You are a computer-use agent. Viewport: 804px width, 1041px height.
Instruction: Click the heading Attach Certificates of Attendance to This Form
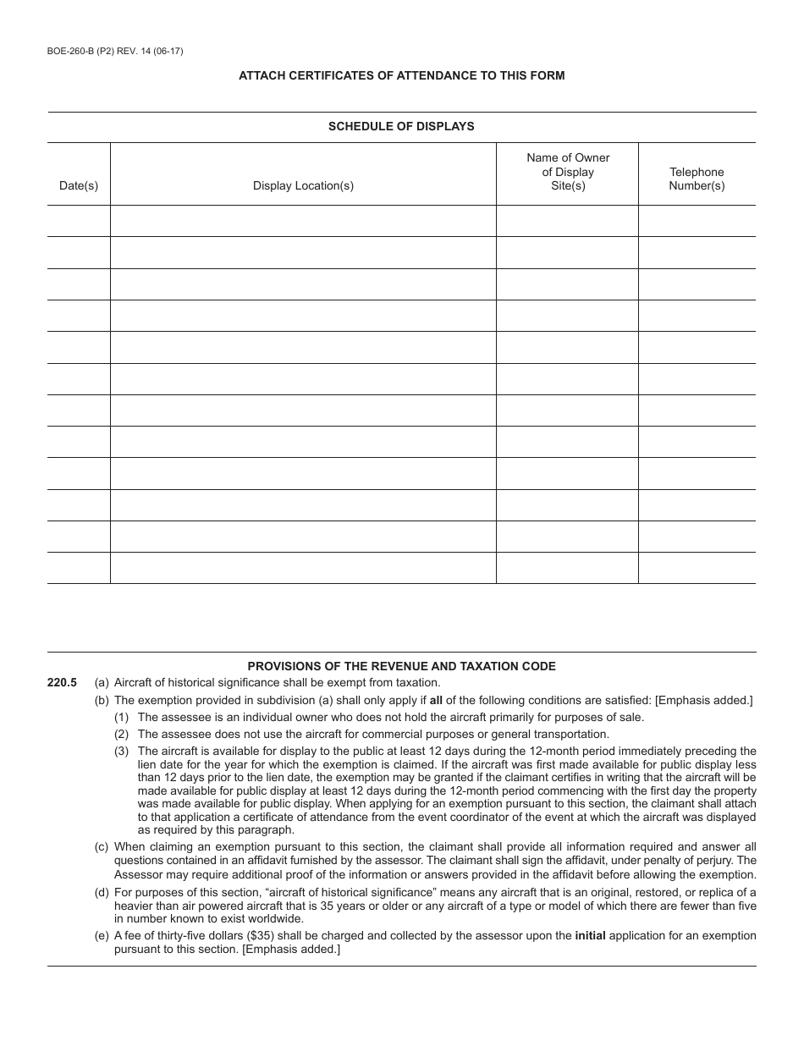401,75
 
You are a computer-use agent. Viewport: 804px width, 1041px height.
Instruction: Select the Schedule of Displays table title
401,126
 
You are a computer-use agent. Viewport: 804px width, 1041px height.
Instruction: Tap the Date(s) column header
79,185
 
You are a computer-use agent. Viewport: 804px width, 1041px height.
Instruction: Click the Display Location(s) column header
303,185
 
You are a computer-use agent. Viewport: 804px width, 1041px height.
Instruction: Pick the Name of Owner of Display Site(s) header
567,172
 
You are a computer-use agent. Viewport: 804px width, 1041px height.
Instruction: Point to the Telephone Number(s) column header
697,179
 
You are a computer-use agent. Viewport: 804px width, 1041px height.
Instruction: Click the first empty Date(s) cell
79,221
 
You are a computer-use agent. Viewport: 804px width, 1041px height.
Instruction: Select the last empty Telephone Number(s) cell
697,568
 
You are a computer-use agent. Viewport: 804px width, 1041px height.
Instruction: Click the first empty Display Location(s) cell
303,221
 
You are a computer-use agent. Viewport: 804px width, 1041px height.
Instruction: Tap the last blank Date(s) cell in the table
79,568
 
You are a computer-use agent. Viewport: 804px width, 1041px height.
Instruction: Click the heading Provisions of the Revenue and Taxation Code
401,666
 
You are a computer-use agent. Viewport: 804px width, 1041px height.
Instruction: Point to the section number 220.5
63,683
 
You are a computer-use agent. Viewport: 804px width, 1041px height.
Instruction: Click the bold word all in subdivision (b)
436,700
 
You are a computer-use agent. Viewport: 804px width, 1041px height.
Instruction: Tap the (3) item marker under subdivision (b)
122,751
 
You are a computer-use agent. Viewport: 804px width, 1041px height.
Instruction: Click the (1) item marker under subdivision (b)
122,717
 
